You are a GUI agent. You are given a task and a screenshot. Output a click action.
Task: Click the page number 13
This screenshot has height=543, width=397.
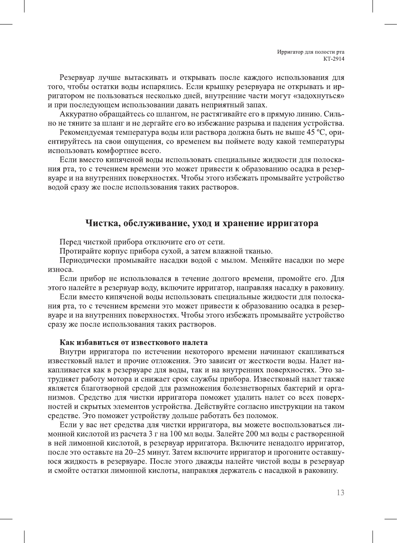[x=340, y=493]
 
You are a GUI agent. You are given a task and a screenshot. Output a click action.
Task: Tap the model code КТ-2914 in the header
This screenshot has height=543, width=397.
[x=334, y=59]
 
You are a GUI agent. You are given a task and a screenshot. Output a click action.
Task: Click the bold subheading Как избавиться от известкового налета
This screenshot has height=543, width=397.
[x=134, y=343]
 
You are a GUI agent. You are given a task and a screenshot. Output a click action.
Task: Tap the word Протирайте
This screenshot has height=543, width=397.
[x=79, y=251]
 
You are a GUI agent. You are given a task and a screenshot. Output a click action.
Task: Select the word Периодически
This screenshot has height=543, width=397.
[x=85, y=260]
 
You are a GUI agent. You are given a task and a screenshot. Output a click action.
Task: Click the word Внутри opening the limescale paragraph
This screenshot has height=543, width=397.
[x=73, y=352]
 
